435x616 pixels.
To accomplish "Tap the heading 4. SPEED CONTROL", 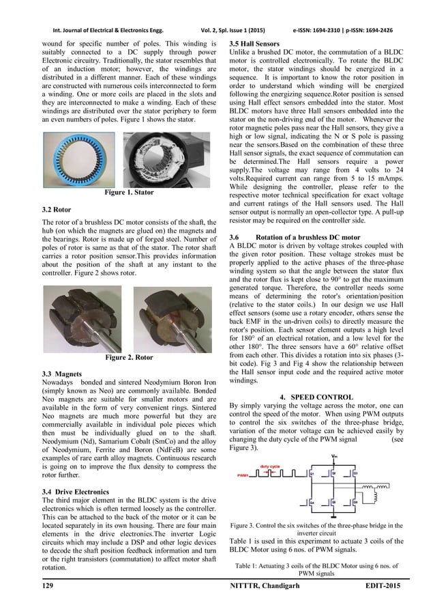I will coord(312,397).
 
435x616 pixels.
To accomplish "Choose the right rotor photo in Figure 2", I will coord(172,317).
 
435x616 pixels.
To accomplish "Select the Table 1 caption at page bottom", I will coord(311,570).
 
